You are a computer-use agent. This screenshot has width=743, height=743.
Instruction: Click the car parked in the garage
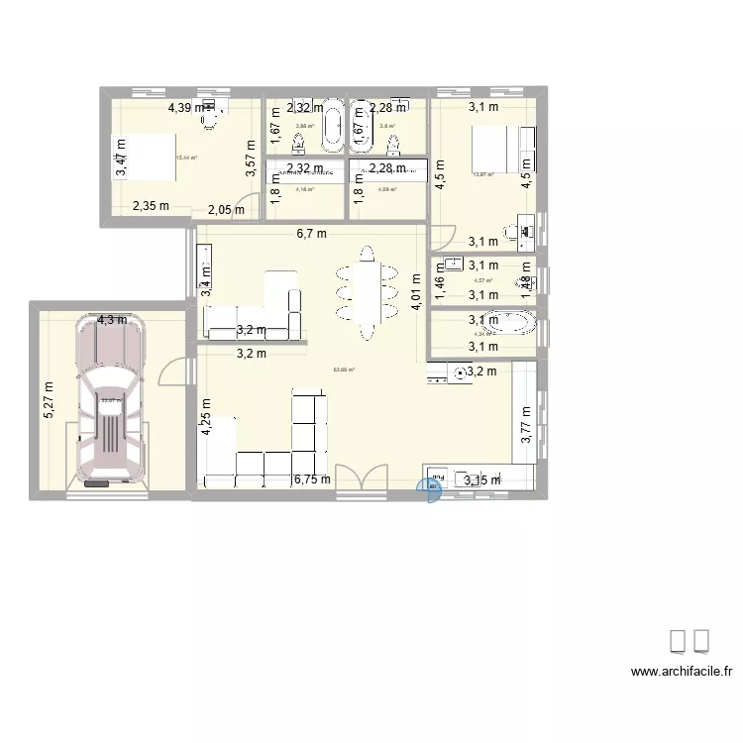click(x=109, y=401)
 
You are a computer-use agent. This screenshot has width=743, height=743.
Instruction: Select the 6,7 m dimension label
click(x=314, y=234)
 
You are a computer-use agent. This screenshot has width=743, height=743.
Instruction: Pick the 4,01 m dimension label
click(x=417, y=293)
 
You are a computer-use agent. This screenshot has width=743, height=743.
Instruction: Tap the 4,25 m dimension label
click(x=206, y=417)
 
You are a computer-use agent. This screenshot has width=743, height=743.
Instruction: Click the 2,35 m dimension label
click(x=151, y=206)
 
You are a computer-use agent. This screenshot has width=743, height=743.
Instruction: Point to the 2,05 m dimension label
click(x=226, y=209)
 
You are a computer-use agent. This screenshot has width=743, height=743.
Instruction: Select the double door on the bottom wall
click(x=364, y=480)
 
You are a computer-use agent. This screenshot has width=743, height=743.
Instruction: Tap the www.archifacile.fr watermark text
click(x=682, y=672)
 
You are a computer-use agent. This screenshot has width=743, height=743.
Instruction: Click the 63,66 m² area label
click(x=344, y=370)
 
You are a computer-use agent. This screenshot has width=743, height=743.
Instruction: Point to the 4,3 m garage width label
click(x=111, y=320)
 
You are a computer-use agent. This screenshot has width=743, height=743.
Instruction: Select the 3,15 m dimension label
click(x=482, y=481)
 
